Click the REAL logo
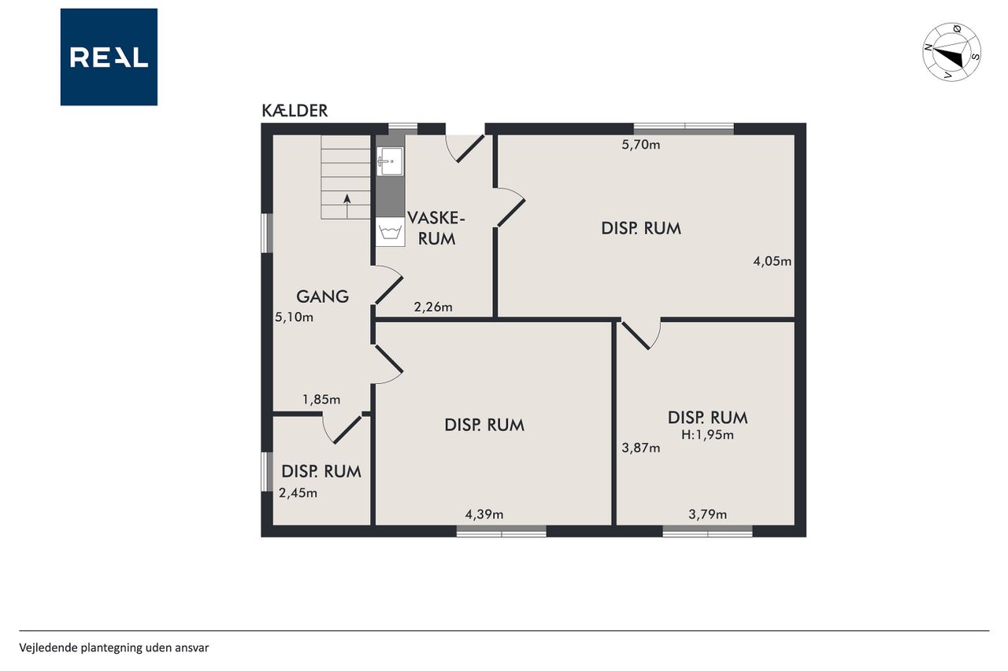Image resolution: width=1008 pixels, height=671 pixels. pyautogui.click(x=109, y=57)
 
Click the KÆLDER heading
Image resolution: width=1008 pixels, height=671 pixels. pyautogui.click(x=295, y=111)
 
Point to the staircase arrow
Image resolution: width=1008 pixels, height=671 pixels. pyautogui.click(x=347, y=206)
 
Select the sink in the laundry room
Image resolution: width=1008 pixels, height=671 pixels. pyautogui.click(x=390, y=161)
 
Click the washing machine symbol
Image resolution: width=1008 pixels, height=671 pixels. pyautogui.click(x=390, y=232)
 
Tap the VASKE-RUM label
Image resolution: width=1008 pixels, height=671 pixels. pyautogui.click(x=436, y=228)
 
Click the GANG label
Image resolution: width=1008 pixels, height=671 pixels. pyautogui.click(x=322, y=297)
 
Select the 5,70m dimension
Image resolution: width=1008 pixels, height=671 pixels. pyautogui.click(x=641, y=145)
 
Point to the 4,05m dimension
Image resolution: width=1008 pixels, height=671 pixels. pyautogui.click(x=773, y=261)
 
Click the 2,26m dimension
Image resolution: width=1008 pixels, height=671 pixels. pyautogui.click(x=433, y=307)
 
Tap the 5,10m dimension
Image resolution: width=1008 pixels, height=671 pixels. pyautogui.click(x=294, y=317)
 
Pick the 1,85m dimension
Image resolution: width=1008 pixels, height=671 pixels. pyautogui.click(x=321, y=400)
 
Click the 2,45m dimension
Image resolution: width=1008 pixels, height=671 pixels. pyautogui.click(x=298, y=493)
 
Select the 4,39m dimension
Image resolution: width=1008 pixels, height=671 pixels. pyautogui.click(x=484, y=514)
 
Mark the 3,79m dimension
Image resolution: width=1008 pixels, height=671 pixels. pyautogui.click(x=707, y=514)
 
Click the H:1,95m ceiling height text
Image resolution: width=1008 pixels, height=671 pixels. pyautogui.click(x=707, y=434)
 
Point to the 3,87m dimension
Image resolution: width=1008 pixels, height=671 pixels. pyautogui.click(x=641, y=448)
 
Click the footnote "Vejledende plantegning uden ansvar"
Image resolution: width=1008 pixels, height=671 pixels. pyautogui.click(x=114, y=647)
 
